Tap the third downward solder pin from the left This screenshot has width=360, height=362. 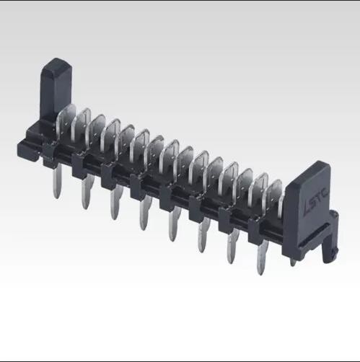pyautogui.click(x=114, y=205)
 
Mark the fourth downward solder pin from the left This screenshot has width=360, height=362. pyautogui.click(x=142, y=216)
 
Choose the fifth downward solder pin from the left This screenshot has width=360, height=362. pyautogui.click(x=172, y=228)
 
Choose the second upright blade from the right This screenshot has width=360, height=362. pyautogui.click(x=260, y=193)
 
